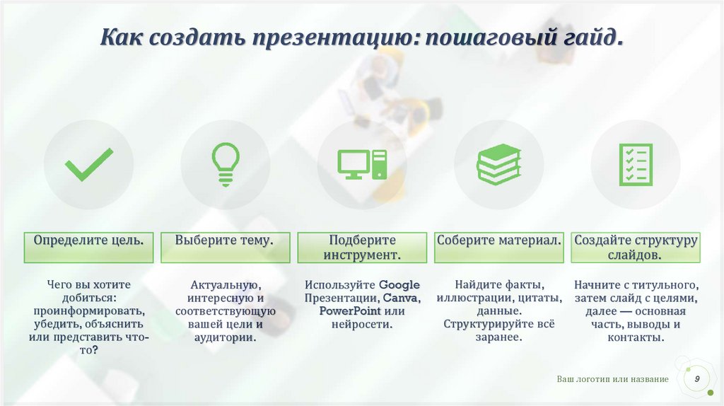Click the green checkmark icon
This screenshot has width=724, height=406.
point(89,165)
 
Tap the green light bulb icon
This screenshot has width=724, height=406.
point(226,165)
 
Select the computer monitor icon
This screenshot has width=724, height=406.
point(362,165)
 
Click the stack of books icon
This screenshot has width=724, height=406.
point(498,165)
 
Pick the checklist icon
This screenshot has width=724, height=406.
point(635,165)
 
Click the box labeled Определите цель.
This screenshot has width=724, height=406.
point(89,240)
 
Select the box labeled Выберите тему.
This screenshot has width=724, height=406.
point(225,240)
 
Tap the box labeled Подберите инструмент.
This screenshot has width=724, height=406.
point(362,248)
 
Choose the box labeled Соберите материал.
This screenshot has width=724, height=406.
point(498,240)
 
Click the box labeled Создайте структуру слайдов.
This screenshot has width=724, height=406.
point(635,248)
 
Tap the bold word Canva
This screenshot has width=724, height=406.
point(400,298)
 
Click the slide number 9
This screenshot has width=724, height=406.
point(697,380)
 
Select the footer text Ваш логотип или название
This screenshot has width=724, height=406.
point(612,380)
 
